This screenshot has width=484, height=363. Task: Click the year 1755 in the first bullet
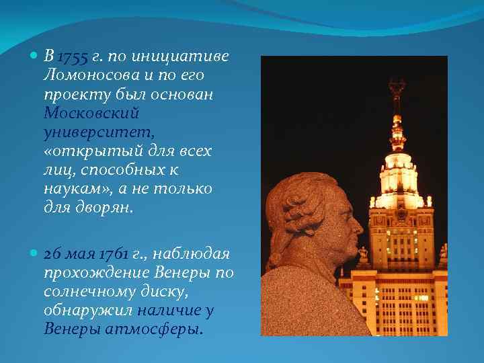[x=71, y=56]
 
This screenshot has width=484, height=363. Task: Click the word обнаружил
[x=87, y=311]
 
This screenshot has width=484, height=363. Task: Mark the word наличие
[x=168, y=311]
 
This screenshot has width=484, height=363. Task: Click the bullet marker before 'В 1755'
[x=35, y=56]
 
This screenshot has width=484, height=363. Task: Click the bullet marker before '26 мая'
[x=35, y=255]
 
